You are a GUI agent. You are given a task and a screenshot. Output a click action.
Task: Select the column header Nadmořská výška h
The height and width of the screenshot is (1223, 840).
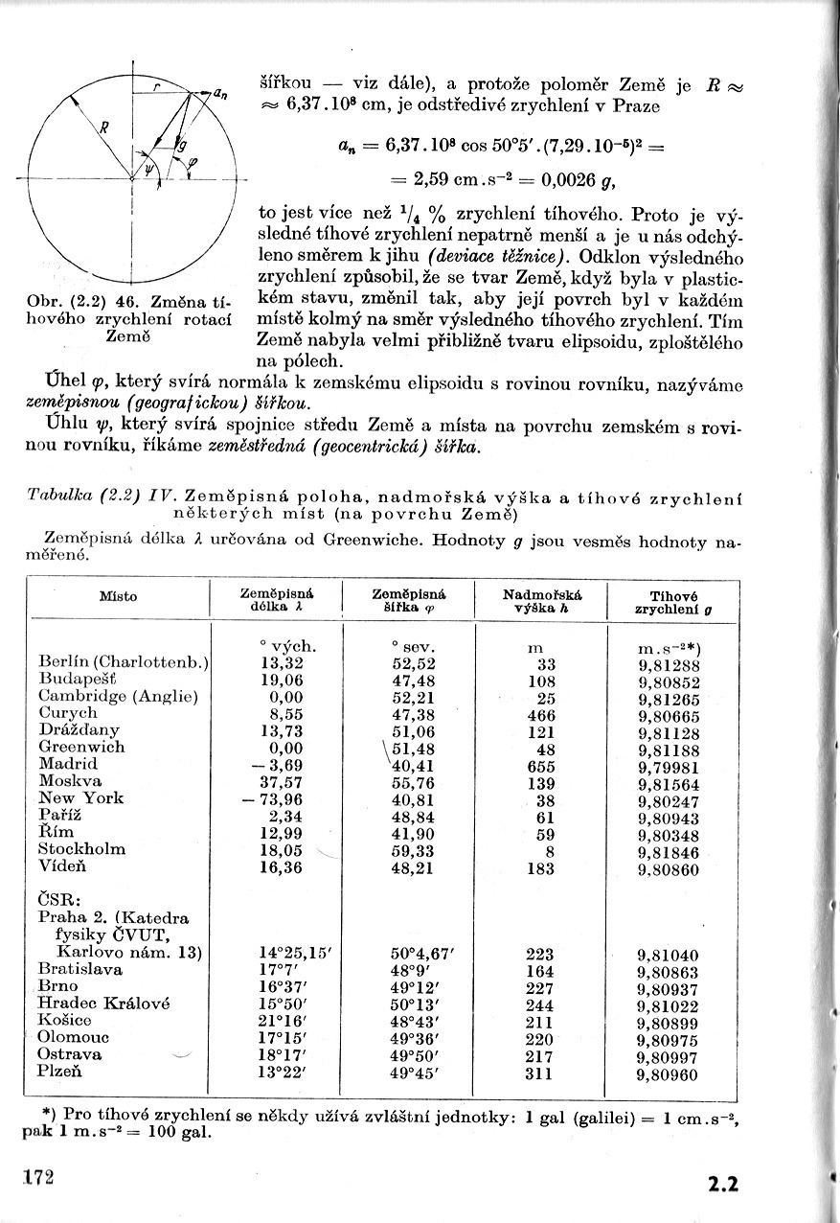[542, 601]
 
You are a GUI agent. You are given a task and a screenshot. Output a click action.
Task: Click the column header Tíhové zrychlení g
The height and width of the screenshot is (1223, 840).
[673, 602]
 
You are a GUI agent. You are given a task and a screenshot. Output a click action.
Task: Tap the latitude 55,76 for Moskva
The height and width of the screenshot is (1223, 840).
[414, 782]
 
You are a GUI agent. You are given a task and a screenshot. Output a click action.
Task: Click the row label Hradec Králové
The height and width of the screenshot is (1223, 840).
[103, 1004]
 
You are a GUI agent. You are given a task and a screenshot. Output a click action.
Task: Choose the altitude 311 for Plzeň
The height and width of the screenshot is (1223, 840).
[540, 1073]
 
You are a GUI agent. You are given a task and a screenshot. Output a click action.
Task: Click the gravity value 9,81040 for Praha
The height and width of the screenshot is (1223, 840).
[669, 956]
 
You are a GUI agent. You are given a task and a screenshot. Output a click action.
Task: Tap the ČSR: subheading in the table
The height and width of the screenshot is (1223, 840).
[58, 901]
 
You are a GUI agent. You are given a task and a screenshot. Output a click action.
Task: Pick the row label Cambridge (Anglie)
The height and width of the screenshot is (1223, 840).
[118, 697]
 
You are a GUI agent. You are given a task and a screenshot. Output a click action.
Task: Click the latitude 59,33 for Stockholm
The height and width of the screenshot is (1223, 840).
[414, 849]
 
